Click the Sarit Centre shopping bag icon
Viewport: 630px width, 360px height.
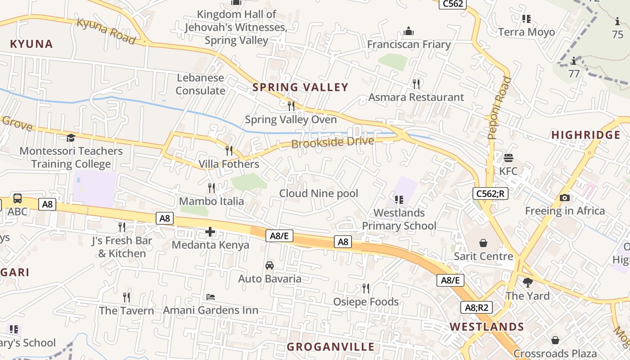[483, 243]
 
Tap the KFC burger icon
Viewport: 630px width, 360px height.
[508, 158]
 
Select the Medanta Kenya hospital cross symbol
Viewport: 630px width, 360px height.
[210, 232]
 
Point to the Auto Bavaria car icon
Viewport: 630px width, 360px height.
[270, 265]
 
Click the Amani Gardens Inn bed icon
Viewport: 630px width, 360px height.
[211, 297]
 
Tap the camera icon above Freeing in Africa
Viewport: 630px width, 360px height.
[565, 198]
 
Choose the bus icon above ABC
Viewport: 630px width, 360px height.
[18, 198]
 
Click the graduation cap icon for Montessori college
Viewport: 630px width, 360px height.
[71, 138]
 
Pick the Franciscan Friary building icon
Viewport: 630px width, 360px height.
[409, 31]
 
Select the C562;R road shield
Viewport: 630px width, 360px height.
[490, 193]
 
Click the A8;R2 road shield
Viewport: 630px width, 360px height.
[477, 308]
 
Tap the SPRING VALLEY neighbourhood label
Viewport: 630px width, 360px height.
[301, 87]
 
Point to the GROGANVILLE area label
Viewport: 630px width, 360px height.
[331, 347]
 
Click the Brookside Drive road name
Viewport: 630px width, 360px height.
[333, 143]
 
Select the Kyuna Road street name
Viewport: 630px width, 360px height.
[106, 31]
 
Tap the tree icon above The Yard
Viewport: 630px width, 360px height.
[528, 283]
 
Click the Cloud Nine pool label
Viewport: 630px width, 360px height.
[319, 193]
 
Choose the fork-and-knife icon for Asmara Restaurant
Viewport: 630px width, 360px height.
[416, 84]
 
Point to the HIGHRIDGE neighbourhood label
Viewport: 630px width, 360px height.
[586, 135]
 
